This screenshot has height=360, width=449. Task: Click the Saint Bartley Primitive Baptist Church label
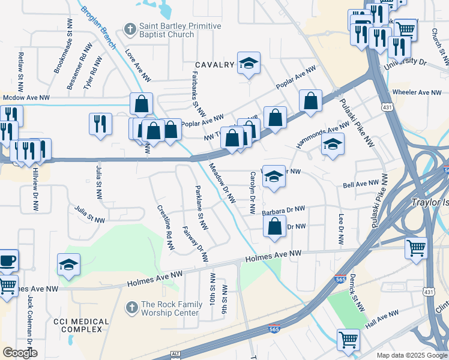172,30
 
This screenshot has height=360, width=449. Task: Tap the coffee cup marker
8,260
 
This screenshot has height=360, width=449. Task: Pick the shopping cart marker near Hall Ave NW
348,340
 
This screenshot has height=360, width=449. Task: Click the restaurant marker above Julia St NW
100,124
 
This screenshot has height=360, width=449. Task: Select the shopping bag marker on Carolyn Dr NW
274,227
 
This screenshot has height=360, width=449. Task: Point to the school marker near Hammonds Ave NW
332,144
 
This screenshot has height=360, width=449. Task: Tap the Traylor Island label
429,203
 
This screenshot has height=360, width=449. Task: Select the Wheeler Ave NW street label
416,92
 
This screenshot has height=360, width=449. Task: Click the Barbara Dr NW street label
283,211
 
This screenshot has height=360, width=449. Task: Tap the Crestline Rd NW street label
166,227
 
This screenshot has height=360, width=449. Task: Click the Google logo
20,353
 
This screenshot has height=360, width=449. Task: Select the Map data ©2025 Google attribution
412,355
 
